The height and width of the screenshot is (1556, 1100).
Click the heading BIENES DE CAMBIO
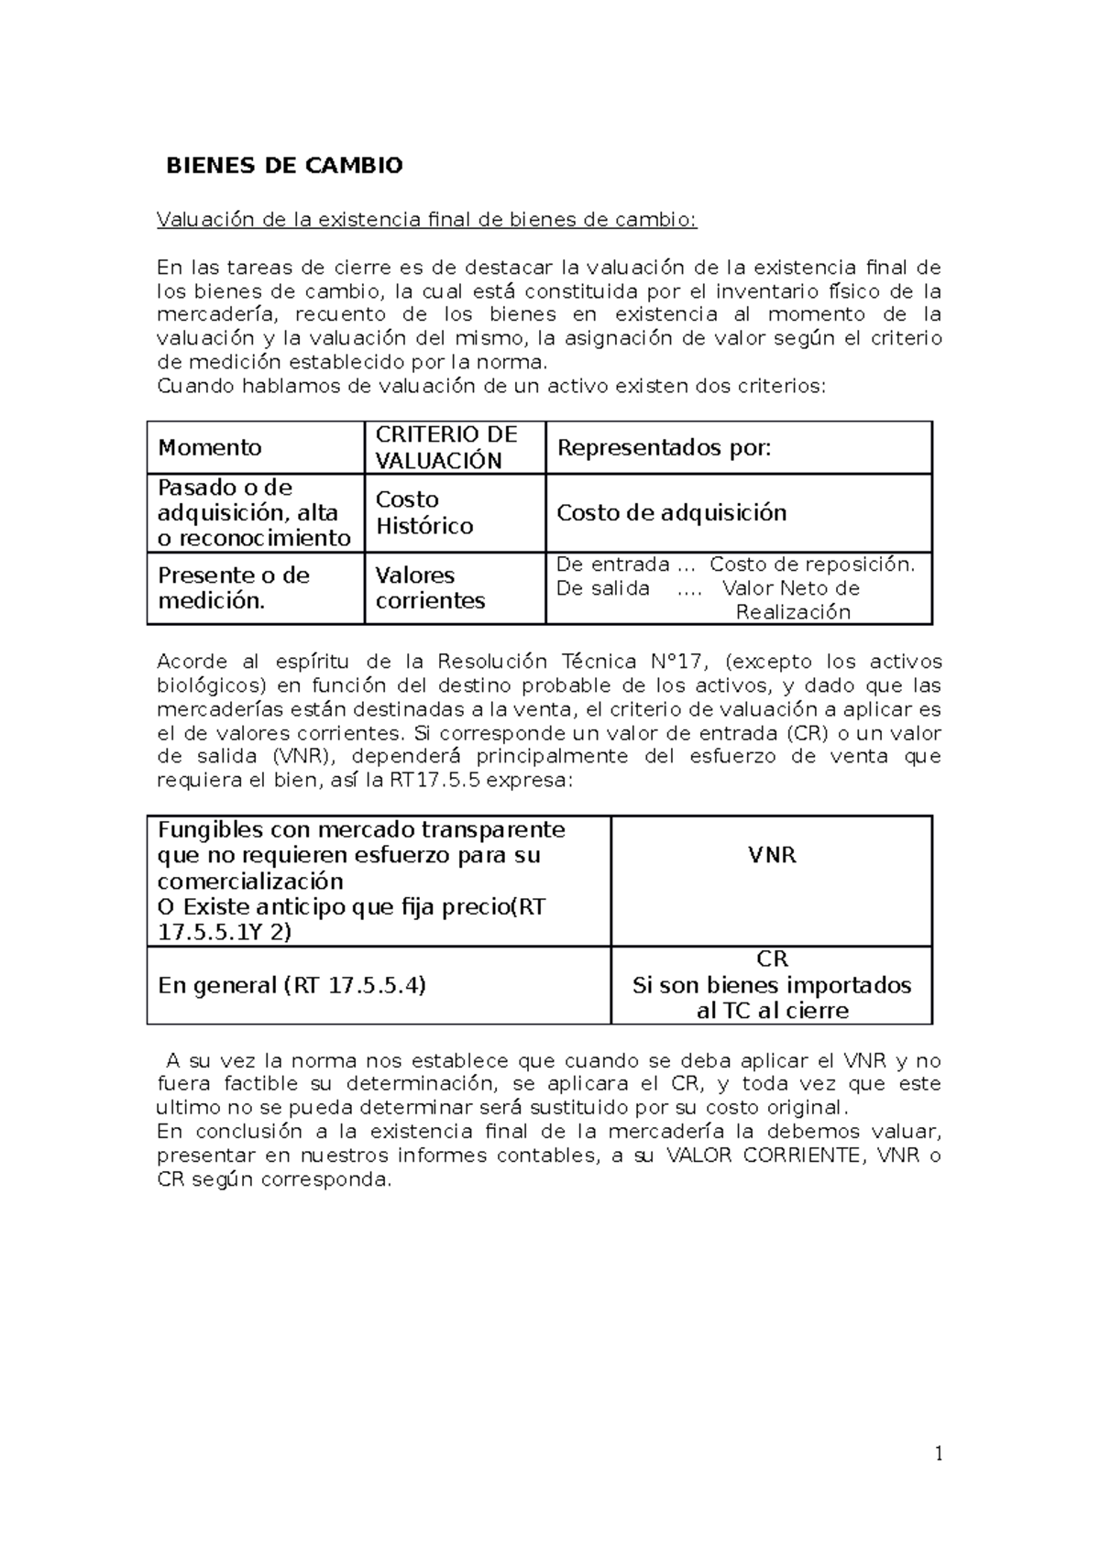click(283, 166)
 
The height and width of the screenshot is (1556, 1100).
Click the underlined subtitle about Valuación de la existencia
click(426, 220)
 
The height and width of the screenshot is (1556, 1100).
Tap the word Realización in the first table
click(793, 612)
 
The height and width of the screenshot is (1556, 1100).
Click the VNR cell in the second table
click(772, 855)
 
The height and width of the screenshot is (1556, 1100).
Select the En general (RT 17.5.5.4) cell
click(291, 985)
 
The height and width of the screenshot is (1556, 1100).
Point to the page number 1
click(939, 1454)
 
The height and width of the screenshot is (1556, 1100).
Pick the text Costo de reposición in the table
click(811, 564)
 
